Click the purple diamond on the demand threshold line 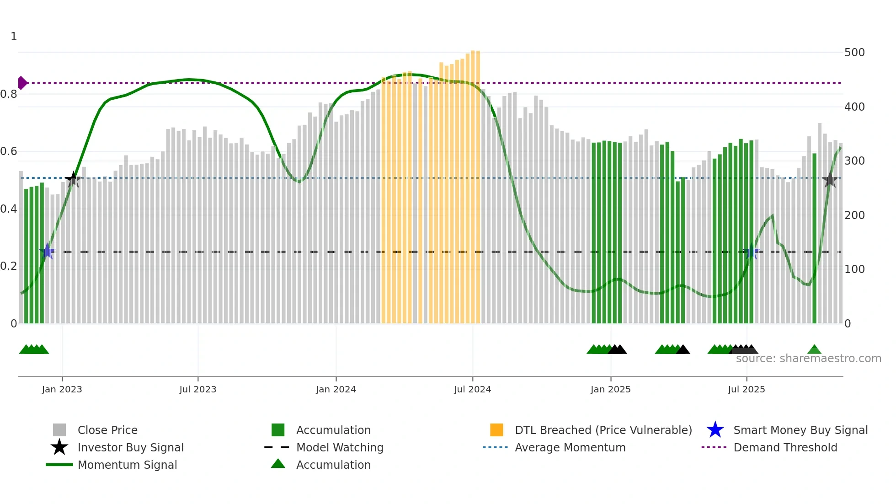[22, 83]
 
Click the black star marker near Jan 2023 [73, 180]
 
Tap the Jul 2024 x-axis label [472, 389]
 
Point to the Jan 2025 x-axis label [610, 389]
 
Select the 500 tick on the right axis [854, 53]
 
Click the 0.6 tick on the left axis [9, 151]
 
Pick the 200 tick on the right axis [854, 215]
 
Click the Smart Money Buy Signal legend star [715, 430]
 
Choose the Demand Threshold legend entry [785, 447]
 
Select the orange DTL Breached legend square [496, 430]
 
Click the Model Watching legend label [340, 447]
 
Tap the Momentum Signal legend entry [127, 465]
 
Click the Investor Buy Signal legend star [59, 447]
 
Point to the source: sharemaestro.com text [808, 359]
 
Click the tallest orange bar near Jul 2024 [473, 188]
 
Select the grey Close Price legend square [59, 430]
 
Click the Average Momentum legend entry [570, 447]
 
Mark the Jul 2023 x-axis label [197, 389]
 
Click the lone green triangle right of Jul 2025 [814, 350]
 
